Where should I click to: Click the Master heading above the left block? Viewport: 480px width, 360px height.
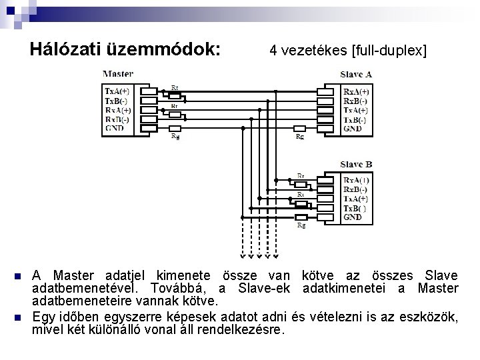[x=118, y=73]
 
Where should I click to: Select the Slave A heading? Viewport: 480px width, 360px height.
[x=356, y=74]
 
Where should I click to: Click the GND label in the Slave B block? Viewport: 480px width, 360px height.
[x=353, y=217]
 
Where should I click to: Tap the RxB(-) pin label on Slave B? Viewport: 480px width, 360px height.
[x=356, y=189]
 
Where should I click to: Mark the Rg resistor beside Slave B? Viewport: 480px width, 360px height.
[x=301, y=217]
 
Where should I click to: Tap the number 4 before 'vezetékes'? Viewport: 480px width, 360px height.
[x=273, y=50]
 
